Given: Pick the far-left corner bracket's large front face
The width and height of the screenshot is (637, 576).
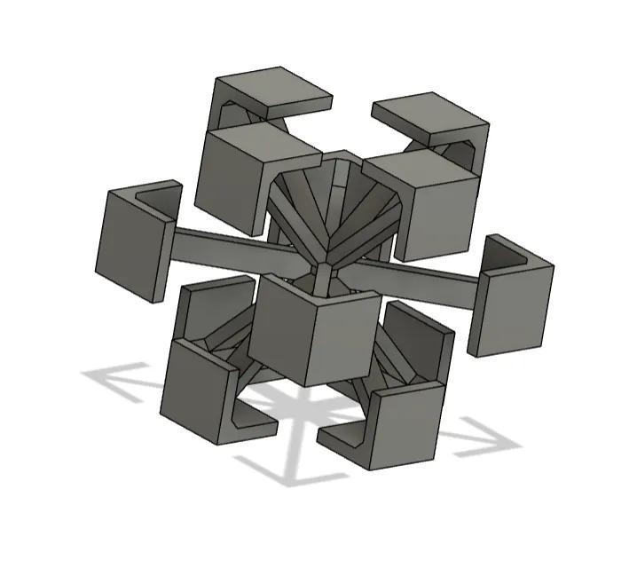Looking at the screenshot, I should (x=130, y=245).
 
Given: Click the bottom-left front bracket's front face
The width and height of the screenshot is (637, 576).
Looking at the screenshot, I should (x=195, y=391).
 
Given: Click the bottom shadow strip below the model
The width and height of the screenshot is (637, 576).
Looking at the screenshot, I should (x=284, y=470).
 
